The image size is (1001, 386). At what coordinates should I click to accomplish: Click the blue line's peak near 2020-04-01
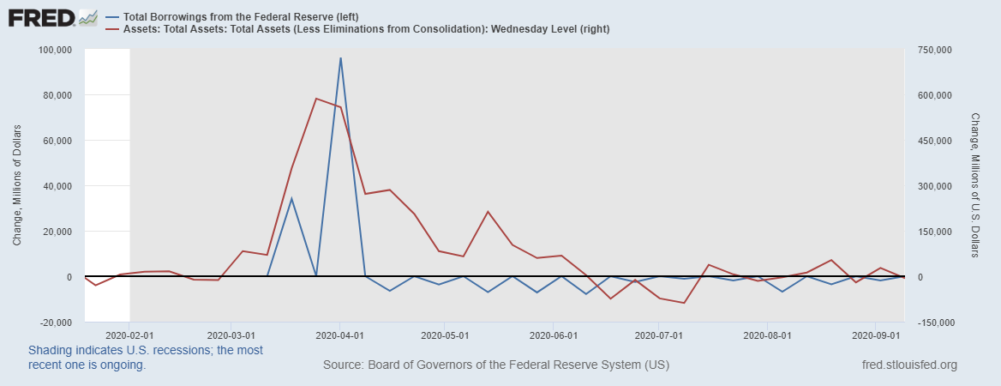coord(340,58)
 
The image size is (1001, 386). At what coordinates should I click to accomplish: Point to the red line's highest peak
coord(316,99)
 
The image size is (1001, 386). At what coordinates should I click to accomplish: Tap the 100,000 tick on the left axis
coord(56,50)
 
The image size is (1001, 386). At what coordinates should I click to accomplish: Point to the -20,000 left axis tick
coord(56,323)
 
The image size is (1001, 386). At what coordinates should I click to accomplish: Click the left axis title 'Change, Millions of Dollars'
coord(17,186)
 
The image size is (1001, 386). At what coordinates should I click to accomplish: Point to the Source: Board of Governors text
coord(496,365)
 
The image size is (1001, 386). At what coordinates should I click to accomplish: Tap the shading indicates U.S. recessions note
coord(146,358)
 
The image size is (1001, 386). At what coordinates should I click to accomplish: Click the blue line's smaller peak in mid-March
coord(291,199)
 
